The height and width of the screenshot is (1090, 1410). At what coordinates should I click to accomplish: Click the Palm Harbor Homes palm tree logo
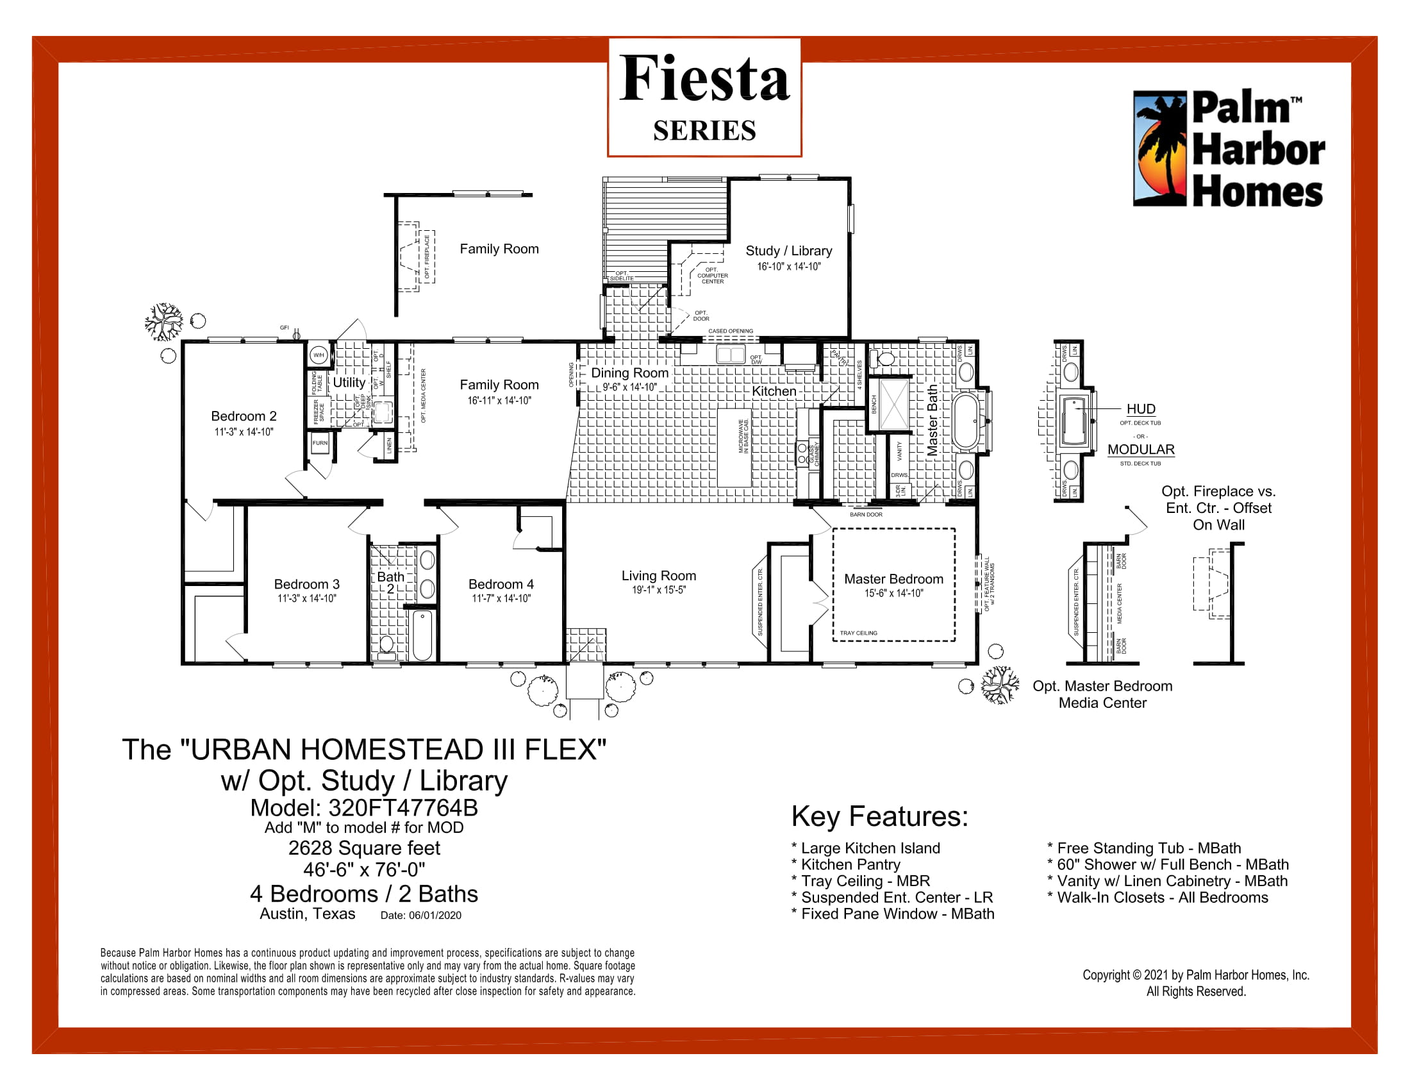click(x=1160, y=149)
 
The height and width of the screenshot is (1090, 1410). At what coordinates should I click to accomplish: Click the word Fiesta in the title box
click(x=704, y=79)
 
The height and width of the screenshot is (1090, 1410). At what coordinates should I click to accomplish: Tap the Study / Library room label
click(x=788, y=251)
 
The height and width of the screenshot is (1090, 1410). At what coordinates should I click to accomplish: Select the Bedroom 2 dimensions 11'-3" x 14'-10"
click(x=244, y=432)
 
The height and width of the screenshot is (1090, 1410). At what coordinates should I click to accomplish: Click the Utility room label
click(x=349, y=382)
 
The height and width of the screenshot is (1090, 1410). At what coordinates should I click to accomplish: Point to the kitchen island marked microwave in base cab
click(x=734, y=448)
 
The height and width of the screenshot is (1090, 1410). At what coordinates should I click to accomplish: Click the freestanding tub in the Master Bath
click(x=965, y=422)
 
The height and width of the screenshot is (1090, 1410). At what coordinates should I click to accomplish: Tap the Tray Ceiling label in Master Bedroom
click(x=858, y=633)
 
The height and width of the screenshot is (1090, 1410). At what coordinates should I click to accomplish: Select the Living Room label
click(x=658, y=575)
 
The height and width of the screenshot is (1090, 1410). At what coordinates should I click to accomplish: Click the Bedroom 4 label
click(x=501, y=583)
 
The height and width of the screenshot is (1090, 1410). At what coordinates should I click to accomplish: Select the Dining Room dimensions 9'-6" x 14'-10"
click(x=629, y=387)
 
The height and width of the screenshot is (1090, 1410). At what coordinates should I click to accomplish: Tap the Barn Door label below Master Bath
click(x=866, y=515)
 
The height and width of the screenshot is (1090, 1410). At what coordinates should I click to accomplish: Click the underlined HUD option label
click(x=1141, y=409)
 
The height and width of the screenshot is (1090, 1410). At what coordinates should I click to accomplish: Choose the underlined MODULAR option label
click(x=1141, y=449)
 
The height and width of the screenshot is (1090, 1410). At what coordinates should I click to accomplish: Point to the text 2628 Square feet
click(x=364, y=848)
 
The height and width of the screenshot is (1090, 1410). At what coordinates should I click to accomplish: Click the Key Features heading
click(x=879, y=817)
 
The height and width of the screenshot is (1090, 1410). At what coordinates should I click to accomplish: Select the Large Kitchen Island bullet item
click(x=870, y=848)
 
